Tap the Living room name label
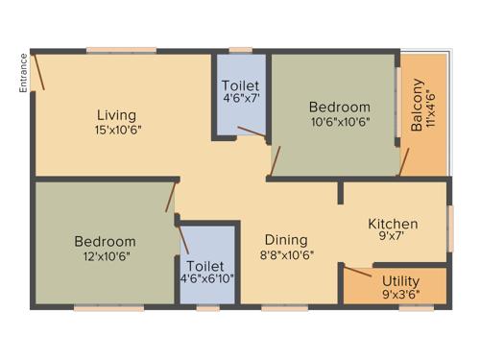point(115,115)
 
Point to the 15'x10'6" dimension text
point(117,130)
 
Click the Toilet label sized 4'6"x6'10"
point(207,266)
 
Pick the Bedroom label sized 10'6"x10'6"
point(339,107)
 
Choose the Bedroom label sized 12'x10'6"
point(105,241)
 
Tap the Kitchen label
point(393,224)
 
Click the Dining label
point(287,239)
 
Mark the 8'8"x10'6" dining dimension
point(287,254)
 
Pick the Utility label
point(400,280)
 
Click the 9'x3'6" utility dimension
point(400,295)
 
